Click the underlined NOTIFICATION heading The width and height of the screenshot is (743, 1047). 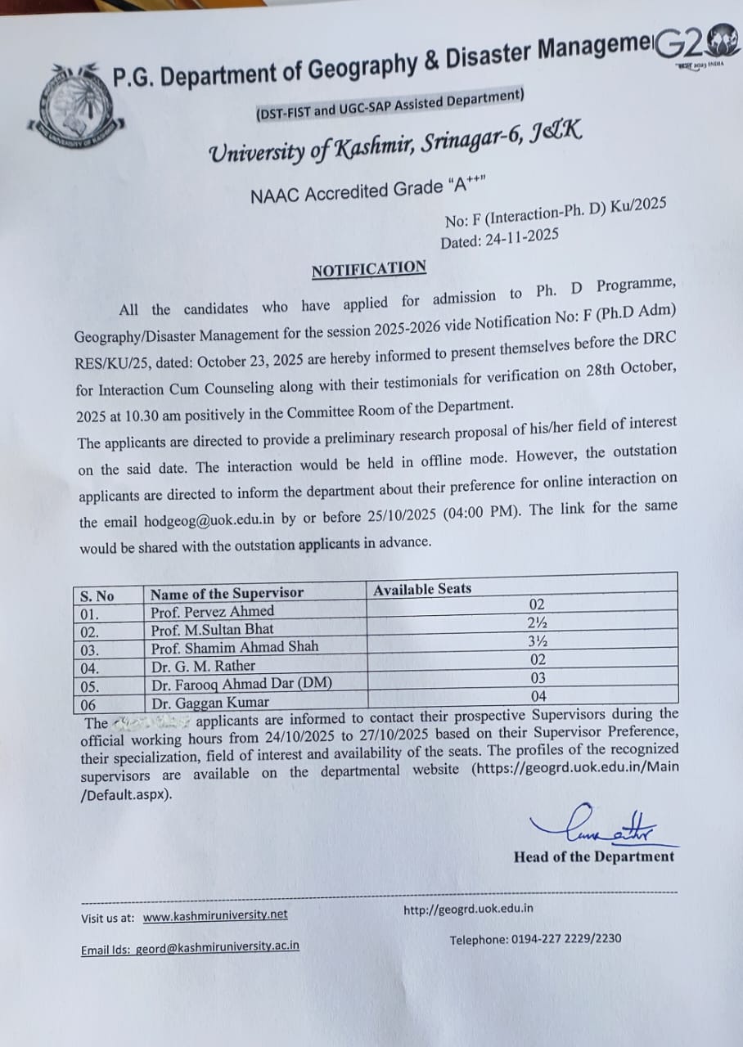pos(369,269)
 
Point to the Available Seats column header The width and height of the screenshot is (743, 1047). pos(422,589)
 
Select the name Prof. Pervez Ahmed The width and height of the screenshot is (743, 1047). pos(212,612)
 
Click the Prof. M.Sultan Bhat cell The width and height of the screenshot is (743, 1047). pos(212,630)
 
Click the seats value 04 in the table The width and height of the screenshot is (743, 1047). pos(537,696)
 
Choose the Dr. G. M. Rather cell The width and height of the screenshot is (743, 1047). pos(203,666)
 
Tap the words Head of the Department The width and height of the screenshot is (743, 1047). pos(594,856)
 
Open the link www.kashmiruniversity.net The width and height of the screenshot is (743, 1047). pos(215,916)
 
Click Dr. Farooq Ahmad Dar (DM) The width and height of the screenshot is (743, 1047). pos(241,684)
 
